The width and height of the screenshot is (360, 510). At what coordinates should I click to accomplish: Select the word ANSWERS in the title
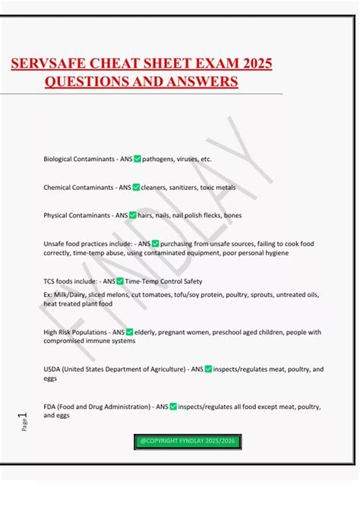click(199, 81)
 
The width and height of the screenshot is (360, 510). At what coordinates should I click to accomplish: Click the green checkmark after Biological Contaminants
click(137, 159)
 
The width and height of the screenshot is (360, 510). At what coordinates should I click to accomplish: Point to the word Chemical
click(58, 187)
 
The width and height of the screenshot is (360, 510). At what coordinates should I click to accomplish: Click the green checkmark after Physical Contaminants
click(133, 215)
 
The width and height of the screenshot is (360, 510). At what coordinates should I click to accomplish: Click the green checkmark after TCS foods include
click(120, 281)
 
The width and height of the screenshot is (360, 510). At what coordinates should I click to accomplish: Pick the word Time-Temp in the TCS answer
click(142, 281)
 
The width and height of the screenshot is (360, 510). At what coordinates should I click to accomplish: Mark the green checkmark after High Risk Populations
click(130, 332)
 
